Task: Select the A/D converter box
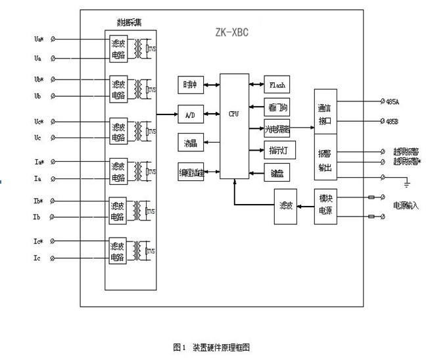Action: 190,114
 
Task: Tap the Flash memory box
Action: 277,85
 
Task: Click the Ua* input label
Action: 39,39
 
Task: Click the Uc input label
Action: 38,137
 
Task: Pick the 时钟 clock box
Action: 190,84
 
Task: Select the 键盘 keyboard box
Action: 277,174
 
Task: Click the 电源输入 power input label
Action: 406,206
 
